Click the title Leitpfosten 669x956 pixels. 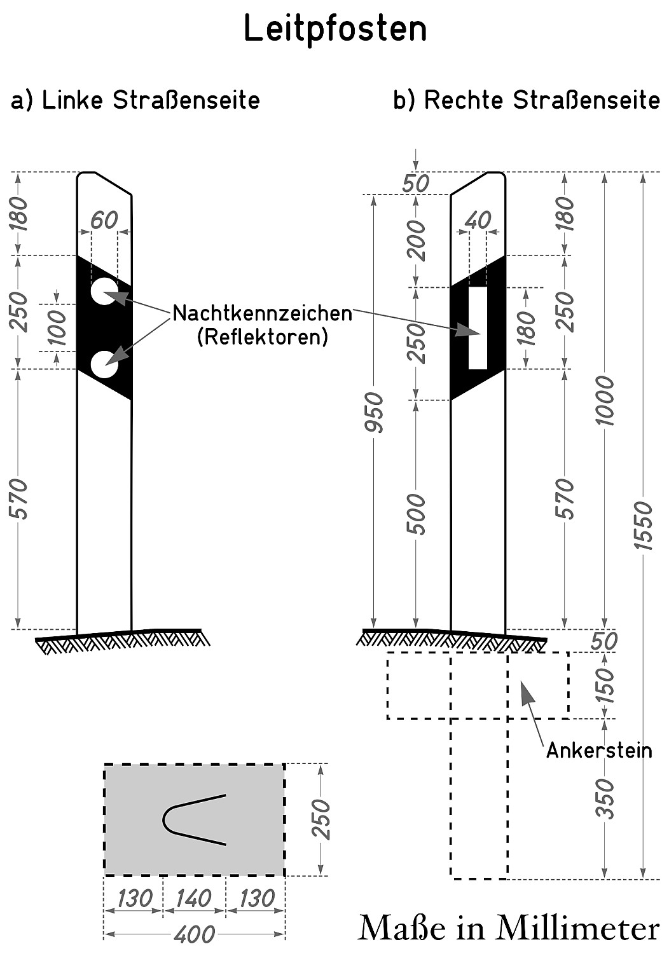coord(335,29)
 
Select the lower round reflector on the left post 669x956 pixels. coord(104,365)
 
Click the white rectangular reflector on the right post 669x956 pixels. coord(478,328)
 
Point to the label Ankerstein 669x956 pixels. coord(599,751)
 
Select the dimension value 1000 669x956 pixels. coord(605,400)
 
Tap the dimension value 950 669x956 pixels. coord(375,412)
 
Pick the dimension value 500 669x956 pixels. coord(416,514)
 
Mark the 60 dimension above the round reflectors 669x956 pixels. coord(104,221)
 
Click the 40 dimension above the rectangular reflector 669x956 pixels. coord(478,221)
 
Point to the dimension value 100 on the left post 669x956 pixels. coord(58,327)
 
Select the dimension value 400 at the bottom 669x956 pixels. coord(194,934)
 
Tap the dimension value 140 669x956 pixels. coord(193,899)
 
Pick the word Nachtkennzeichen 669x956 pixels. coord(263,313)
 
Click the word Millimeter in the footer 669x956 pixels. coord(577,929)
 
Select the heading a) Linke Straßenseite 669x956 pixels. coord(135,100)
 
